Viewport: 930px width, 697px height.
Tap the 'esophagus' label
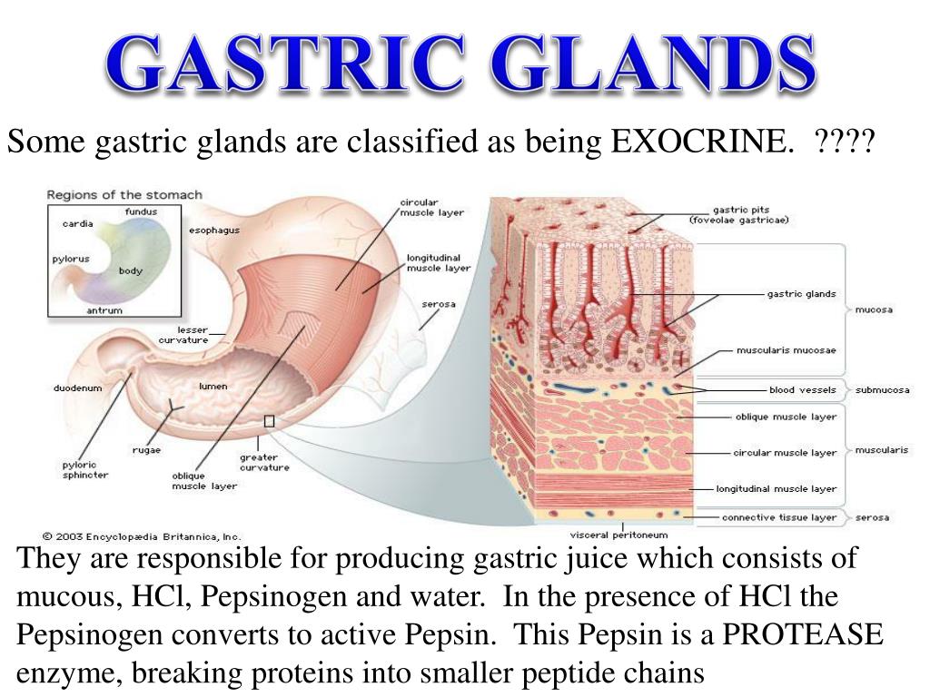pyautogui.click(x=214, y=231)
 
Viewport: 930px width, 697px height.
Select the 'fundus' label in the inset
pyautogui.click(x=141, y=211)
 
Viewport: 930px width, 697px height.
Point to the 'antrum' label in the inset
pyautogui.click(x=104, y=310)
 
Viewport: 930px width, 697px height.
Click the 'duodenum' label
pyautogui.click(x=78, y=388)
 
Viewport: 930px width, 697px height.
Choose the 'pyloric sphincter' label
pyautogui.click(x=85, y=469)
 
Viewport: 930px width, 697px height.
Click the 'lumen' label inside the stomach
pyautogui.click(x=213, y=387)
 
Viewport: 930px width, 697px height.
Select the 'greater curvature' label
pyautogui.click(x=264, y=463)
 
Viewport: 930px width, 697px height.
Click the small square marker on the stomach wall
pyautogui.click(x=269, y=421)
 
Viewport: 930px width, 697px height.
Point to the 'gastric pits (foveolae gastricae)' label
pyautogui.click(x=738, y=214)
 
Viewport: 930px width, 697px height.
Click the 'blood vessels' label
pyautogui.click(x=796, y=390)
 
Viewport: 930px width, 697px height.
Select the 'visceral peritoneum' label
pyautogui.click(x=618, y=535)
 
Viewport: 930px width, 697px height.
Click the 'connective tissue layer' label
pyautogui.click(x=779, y=517)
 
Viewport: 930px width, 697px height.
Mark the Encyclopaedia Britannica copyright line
pyautogui.click(x=142, y=536)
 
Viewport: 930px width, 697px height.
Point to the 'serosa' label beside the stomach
pyautogui.click(x=438, y=304)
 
